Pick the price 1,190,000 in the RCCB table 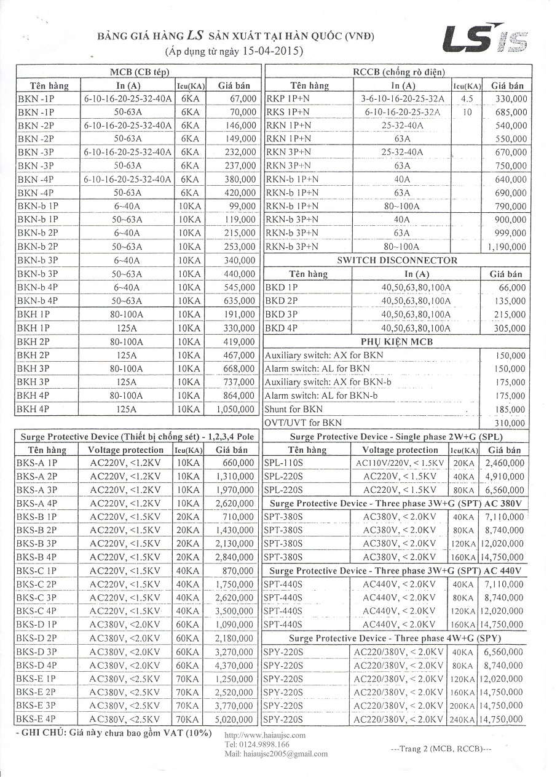point(507,247)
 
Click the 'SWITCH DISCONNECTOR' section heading point(397,260)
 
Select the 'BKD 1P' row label point(281,287)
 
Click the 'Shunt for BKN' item point(293,409)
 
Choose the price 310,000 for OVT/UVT point(511,423)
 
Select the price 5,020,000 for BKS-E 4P point(235,719)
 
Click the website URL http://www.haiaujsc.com point(265,735)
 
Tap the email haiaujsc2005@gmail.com point(276,754)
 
